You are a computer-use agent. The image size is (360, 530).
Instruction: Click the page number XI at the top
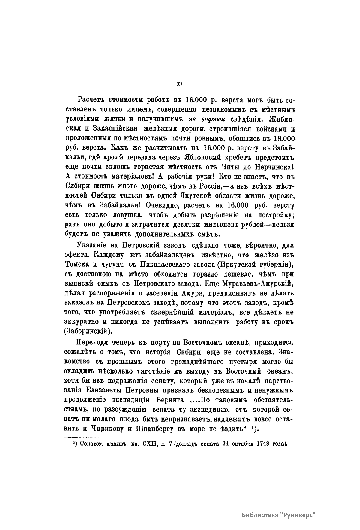tap(180, 85)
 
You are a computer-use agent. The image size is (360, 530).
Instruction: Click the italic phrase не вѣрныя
tap(209, 119)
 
